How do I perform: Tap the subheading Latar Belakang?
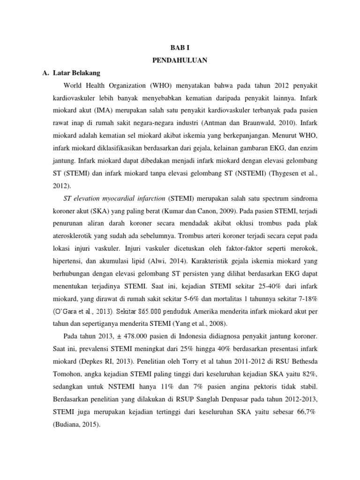74,73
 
